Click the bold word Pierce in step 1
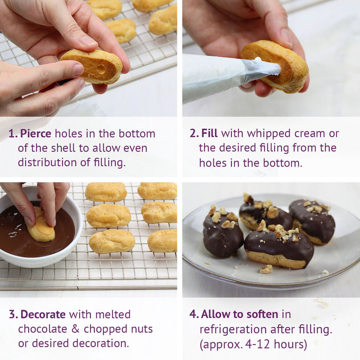35,134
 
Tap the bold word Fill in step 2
210,134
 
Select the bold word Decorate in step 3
43,314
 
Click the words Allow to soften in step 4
239,314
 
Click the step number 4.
193,314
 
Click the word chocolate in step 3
42,329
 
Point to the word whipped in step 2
267,134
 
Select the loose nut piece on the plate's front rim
266,269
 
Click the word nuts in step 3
141,329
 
